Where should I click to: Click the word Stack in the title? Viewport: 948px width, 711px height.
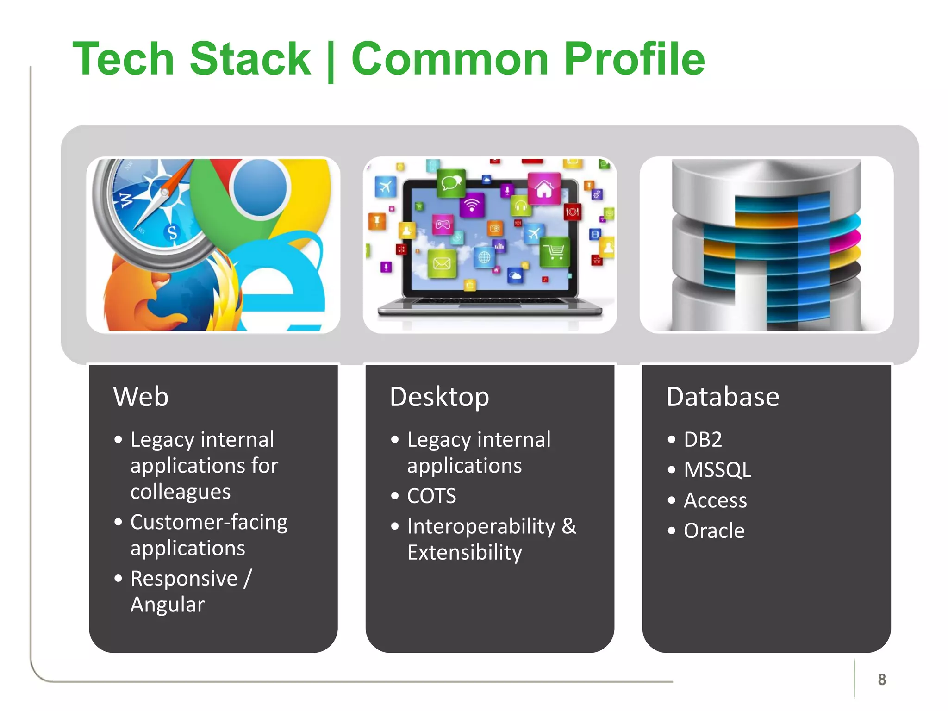(x=250, y=59)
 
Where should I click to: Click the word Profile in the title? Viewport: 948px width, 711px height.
(x=634, y=59)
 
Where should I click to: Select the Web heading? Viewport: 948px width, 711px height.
(x=141, y=397)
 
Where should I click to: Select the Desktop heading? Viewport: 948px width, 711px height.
(x=439, y=397)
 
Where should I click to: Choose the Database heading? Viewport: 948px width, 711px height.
(x=723, y=397)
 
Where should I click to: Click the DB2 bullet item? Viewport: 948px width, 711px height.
(x=702, y=439)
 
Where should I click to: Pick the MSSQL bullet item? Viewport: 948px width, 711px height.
(x=717, y=470)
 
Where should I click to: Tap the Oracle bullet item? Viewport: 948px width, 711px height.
(x=714, y=530)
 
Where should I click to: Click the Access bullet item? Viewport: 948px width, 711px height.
(x=715, y=500)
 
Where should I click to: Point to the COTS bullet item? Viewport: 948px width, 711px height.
(x=431, y=496)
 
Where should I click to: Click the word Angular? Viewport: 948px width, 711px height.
(x=167, y=605)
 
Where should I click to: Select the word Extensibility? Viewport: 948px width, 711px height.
(x=464, y=552)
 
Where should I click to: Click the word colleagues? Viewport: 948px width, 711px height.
(x=180, y=492)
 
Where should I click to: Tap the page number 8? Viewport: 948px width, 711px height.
(x=881, y=680)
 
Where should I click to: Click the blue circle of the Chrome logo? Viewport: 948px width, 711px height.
(x=260, y=187)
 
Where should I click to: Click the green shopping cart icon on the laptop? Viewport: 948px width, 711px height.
(x=554, y=252)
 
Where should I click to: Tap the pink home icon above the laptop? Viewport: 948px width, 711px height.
(x=544, y=188)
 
